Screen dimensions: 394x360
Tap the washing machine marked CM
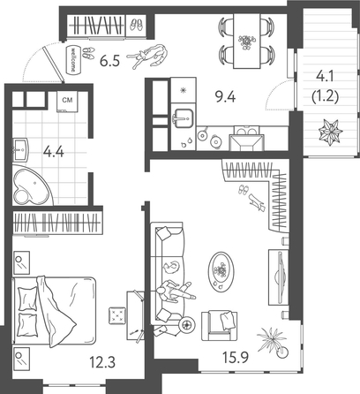coord(66,103)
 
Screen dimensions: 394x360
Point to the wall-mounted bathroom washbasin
coord(19,148)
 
